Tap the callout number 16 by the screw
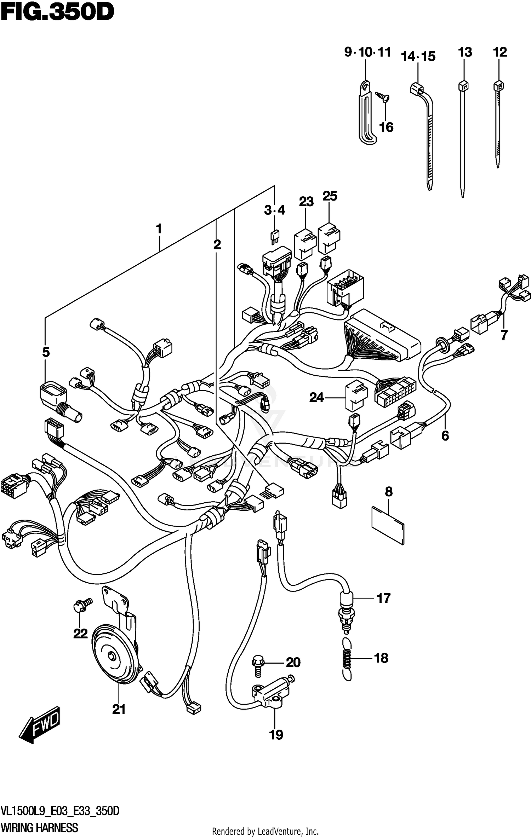pyautogui.click(x=386, y=127)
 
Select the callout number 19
pyautogui.click(x=276, y=735)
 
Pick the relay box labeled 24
pyautogui.click(x=356, y=395)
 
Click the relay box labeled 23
pyautogui.click(x=305, y=243)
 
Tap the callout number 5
pyautogui.click(x=46, y=352)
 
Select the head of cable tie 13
pyautogui.click(x=463, y=86)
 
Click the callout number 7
pyautogui.click(x=504, y=334)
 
